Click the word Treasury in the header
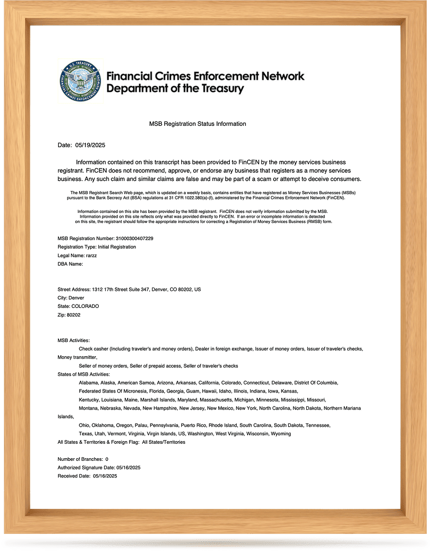coord(213,89)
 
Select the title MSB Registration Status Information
coord(197,124)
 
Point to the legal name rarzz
coord(91,255)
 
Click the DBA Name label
coord(71,264)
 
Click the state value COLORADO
coord(85,306)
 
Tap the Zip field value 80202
coord(74,315)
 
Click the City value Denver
coord(76,298)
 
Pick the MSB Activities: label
coord(74,340)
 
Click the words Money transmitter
coord(77,357)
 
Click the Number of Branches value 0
coord(107,459)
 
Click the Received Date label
coord(74,476)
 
